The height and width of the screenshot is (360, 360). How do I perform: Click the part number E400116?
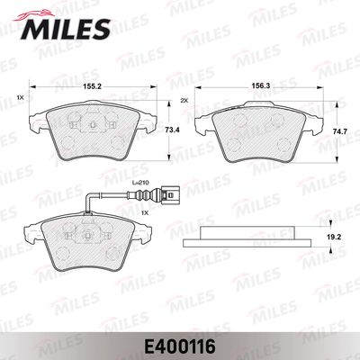180,346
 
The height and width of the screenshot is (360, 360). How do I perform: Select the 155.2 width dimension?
93,86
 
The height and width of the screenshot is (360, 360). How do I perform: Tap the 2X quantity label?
184,101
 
